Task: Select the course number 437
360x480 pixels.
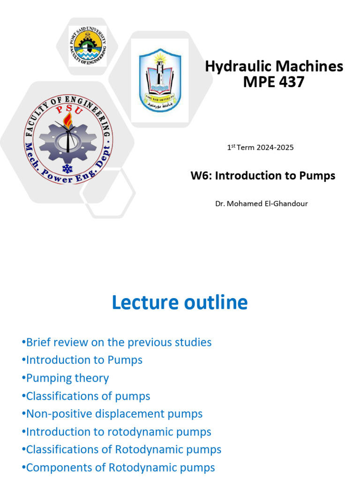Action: click(290, 82)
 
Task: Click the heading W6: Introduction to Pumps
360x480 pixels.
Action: click(262, 176)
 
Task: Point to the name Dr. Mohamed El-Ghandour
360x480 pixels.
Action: click(261, 204)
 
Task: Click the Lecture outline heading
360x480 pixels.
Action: click(180, 303)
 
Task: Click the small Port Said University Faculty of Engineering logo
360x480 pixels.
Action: click(87, 46)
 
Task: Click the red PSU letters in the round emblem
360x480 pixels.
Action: click(68, 111)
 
